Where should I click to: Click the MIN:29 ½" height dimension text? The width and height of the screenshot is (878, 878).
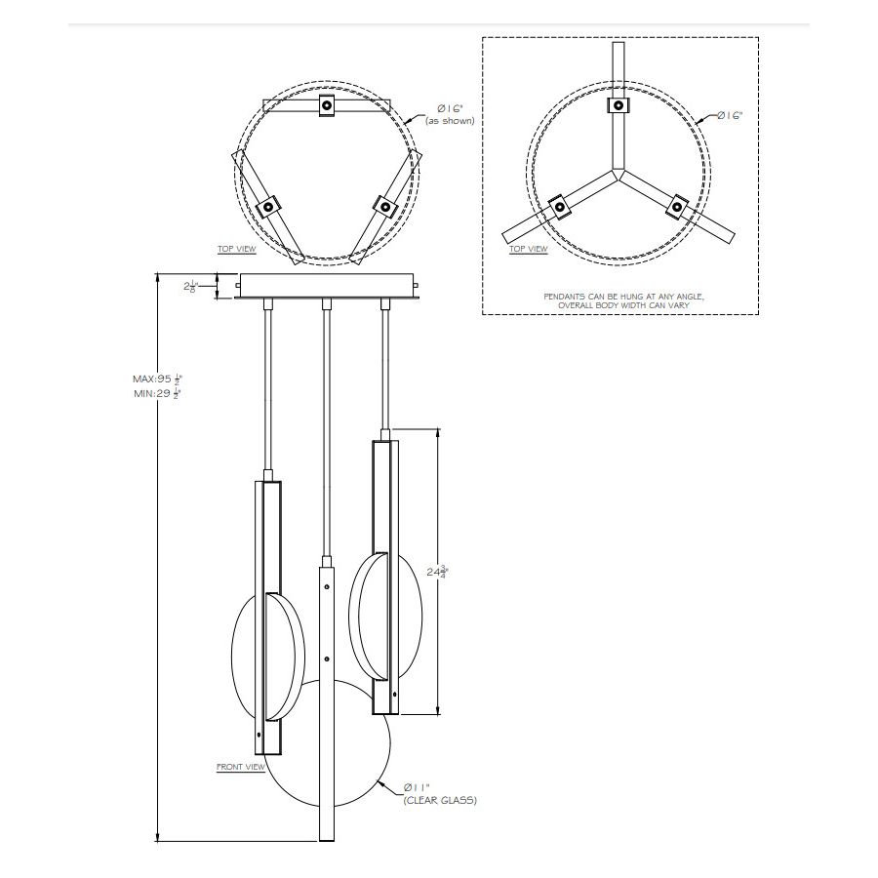point(158,393)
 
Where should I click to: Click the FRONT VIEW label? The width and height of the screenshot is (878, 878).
point(240,767)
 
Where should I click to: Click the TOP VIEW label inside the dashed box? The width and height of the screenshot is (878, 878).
point(529,249)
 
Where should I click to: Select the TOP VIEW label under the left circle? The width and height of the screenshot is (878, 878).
point(237,249)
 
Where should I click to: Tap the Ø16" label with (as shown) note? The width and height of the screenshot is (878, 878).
point(450,113)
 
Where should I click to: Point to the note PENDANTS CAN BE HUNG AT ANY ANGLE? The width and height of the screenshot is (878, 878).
point(620,295)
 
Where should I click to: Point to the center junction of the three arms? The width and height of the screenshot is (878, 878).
point(619,175)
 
